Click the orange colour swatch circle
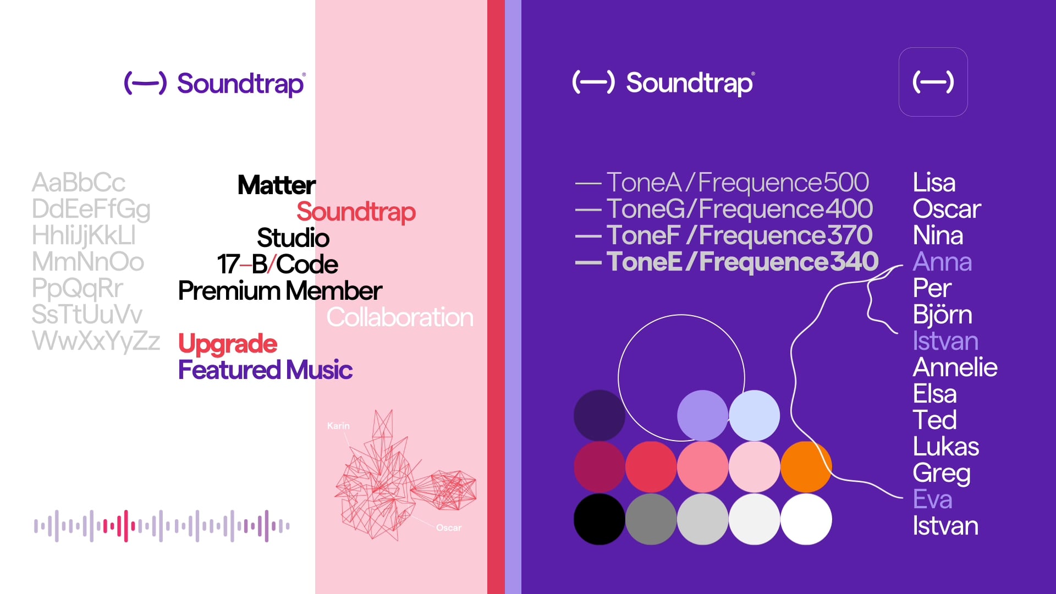click(806, 466)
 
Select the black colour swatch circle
click(599, 519)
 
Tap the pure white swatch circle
click(806, 519)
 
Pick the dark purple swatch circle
click(599, 415)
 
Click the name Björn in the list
click(942, 315)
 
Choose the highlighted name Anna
click(942, 262)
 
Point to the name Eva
click(932, 499)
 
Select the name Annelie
click(955, 367)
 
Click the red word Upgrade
click(228, 344)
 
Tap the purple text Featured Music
click(265, 370)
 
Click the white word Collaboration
click(400, 317)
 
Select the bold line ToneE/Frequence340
click(727, 262)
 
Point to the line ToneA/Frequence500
click(722, 183)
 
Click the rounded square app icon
click(933, 82)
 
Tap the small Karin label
click(338, 426)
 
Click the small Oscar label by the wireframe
click(449, 527)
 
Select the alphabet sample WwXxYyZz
click(96, 341)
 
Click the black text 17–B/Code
click(277, 265)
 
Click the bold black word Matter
click(277, 185)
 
